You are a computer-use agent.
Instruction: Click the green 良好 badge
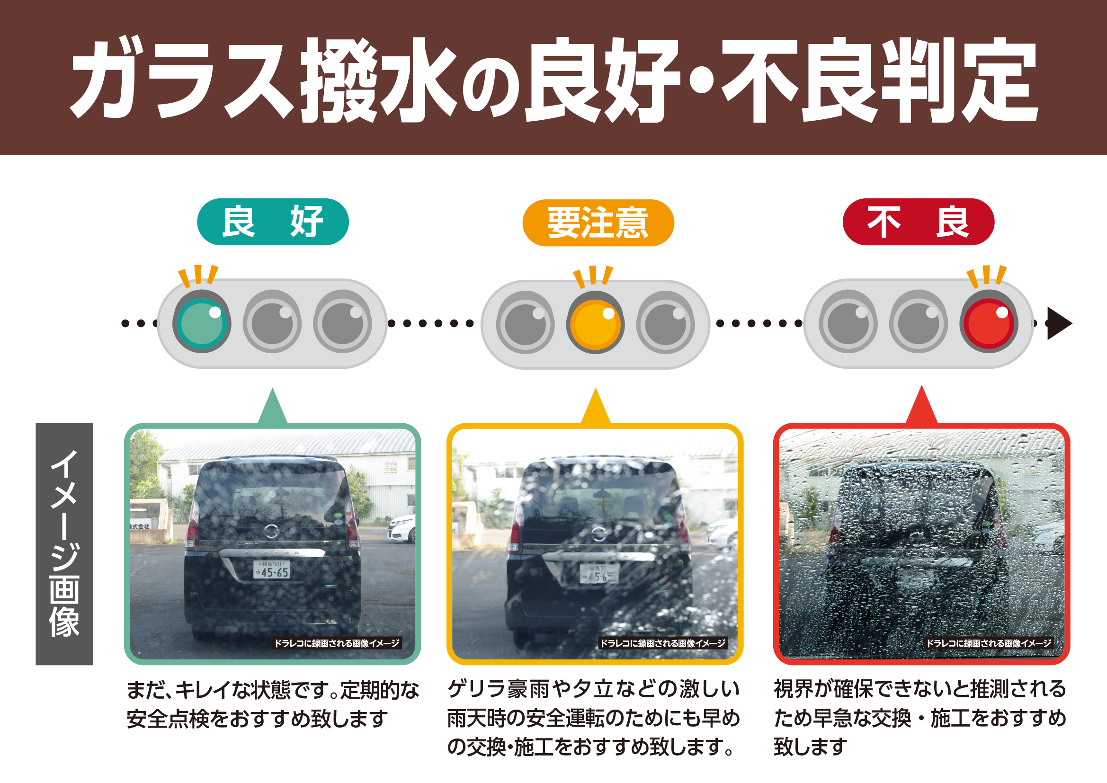coord(272,222)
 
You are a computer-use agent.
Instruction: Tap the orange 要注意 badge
coord(598,223)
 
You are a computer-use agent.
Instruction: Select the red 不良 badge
coord(918,222)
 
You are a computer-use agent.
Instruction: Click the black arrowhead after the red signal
coord(1059,323)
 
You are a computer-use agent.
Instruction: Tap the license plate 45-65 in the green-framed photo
coord(272,570)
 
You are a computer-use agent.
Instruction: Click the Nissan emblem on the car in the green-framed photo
coord(271,531)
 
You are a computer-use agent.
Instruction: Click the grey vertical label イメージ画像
coord(64,544)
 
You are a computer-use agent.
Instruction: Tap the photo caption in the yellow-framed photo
coord(662,643)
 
